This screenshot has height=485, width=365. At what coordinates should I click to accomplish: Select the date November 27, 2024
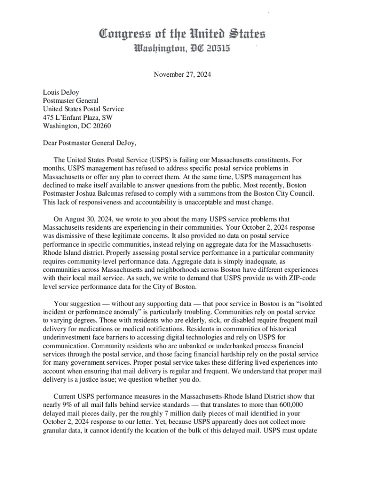coord(182,74)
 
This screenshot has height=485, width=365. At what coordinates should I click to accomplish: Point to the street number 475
coord(48,117)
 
